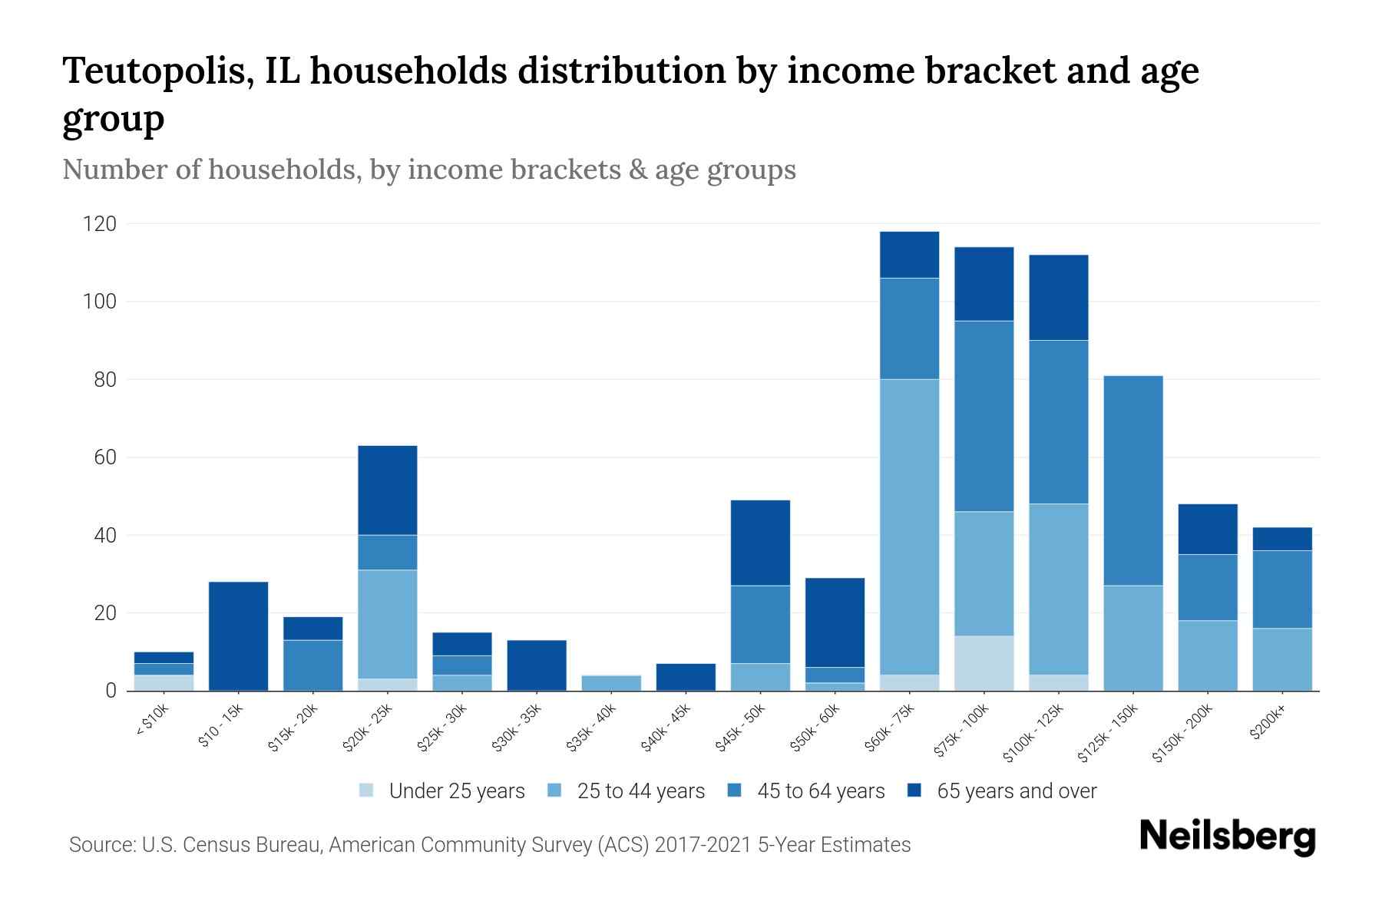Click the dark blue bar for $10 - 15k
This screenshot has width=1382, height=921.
pos(238,636)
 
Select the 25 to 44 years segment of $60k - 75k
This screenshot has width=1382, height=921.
pos(909,527)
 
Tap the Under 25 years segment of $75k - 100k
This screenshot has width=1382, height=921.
pos(984,663)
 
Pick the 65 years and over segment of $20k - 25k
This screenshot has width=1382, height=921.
pos(388,490)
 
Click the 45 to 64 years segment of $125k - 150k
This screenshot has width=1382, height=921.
pos(1132,480)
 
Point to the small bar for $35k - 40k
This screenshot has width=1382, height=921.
pos(611,682)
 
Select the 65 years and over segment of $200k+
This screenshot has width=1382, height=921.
pos(1281,539)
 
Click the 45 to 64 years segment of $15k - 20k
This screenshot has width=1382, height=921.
pos(312,665)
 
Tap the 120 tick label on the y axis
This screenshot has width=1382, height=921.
pos(100,224)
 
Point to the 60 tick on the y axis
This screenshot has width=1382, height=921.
pos(105,457)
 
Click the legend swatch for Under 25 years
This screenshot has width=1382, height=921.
pos(367,791)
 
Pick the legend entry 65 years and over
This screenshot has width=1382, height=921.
pos(1016,791)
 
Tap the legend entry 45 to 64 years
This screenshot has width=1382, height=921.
pos(820,791)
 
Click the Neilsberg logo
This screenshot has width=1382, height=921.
pos(1227,837)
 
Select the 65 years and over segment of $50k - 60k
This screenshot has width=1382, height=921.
pos(835,622)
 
